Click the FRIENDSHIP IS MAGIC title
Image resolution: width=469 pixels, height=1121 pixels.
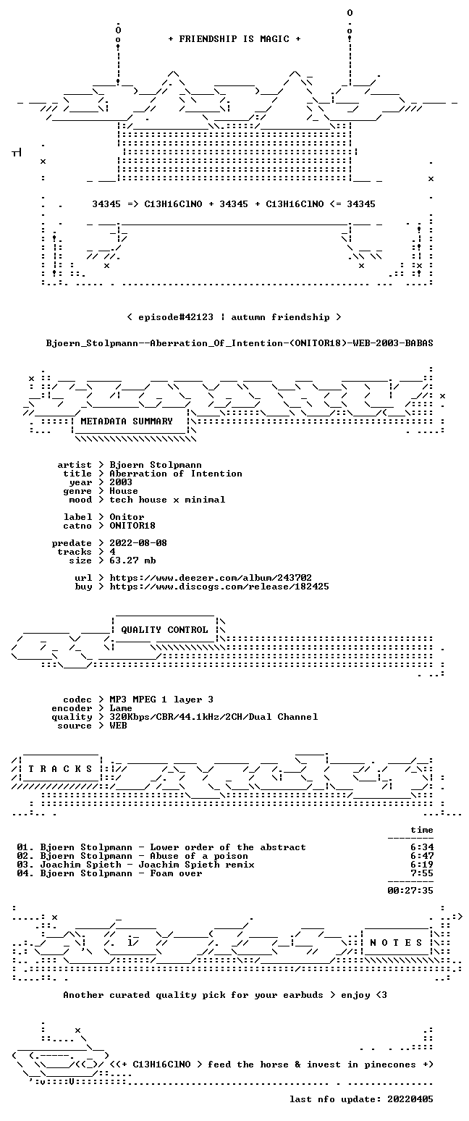pos(234,39)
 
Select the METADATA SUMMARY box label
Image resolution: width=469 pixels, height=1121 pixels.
pos(127,421)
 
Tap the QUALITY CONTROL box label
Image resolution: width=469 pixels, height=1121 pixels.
pos(164,630)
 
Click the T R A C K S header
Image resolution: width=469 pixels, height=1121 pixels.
pos(61,768)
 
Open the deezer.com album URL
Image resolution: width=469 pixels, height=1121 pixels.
pos(211,578)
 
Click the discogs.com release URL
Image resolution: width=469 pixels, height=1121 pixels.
pos(219,587)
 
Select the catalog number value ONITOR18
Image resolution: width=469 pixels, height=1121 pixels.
pos(132,526)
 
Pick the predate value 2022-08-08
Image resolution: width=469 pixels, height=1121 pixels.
pos(138,543)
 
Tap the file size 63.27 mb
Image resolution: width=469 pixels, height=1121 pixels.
pos(132,560)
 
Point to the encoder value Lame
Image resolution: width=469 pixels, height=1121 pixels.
pos(121,708)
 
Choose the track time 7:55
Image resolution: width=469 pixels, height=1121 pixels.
pos(422,873)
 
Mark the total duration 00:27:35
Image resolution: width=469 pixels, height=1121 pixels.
pos(410,890)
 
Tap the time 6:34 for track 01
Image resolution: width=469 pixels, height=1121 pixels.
pos(422,847)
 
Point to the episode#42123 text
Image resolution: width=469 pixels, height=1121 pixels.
pos(175,317)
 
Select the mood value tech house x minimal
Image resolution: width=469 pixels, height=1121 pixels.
pos(167,500)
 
